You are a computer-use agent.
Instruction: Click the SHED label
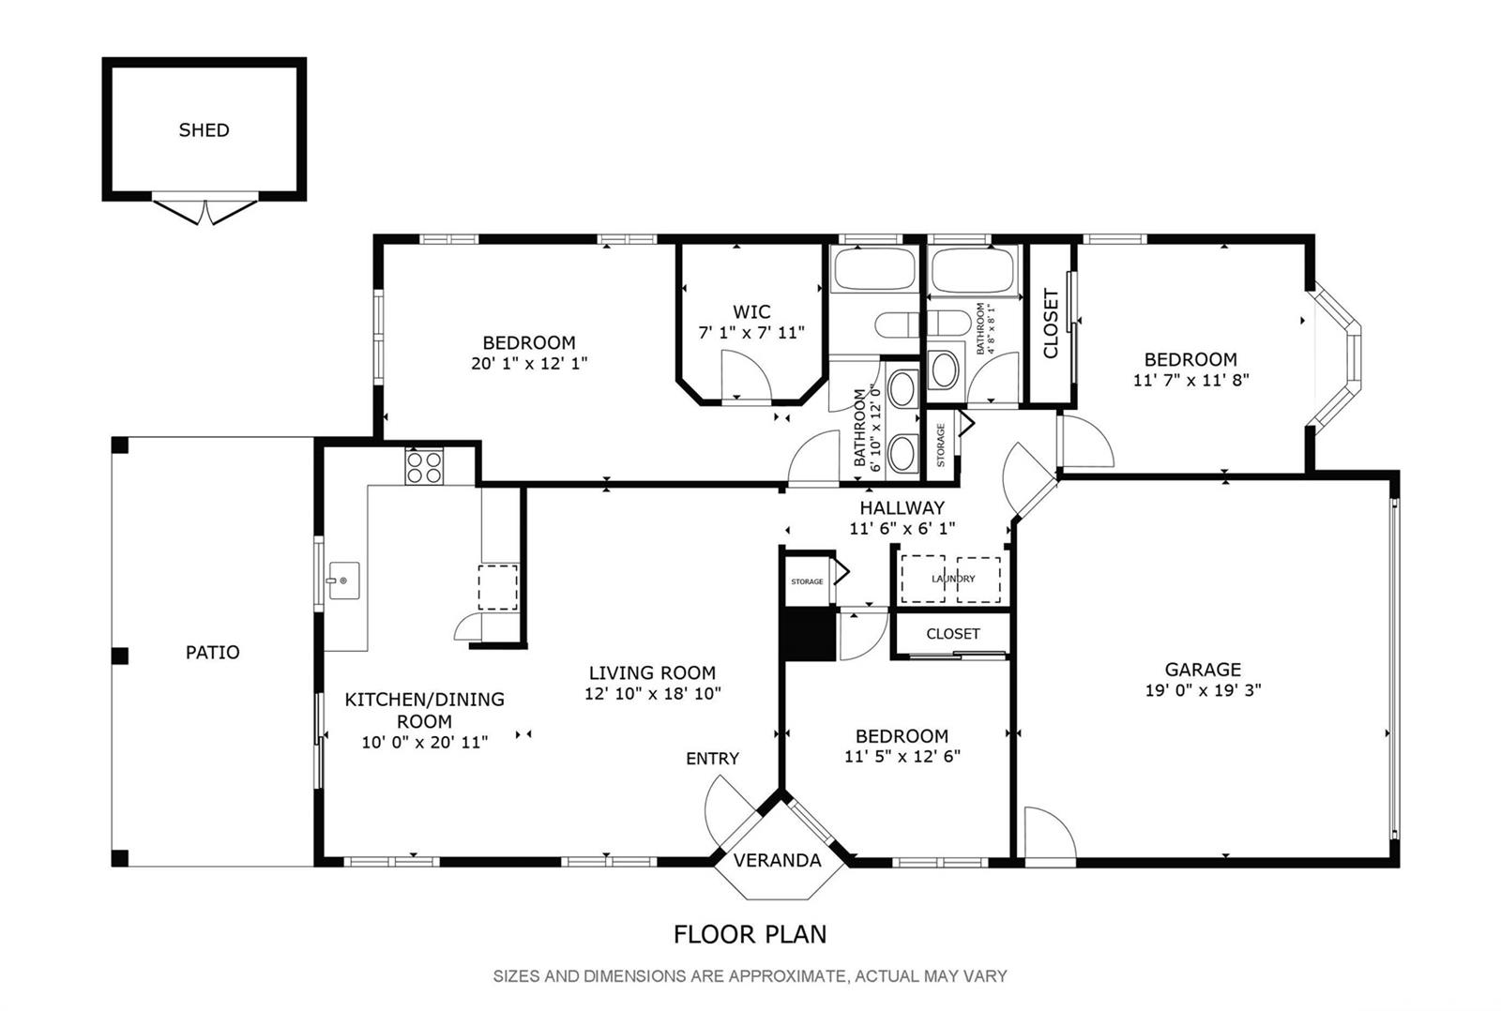coord(204,130)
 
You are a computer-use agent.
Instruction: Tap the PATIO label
coord(212,653)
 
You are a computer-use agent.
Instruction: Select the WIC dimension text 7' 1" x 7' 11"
coord(751,332)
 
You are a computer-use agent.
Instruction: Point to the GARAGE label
coord(1203,670)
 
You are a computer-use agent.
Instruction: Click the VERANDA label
coord(778,860)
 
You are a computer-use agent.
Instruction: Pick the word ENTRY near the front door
coord(712,759)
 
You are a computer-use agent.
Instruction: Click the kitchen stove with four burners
coord(424,466)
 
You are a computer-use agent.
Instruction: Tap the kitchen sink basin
coord(343,581)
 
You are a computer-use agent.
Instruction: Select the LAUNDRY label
coord(953,579)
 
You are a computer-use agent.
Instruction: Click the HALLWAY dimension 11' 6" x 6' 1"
coord(902,529)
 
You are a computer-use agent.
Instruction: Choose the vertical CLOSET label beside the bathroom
coord(1050,323)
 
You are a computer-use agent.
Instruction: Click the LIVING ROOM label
coord(652,672)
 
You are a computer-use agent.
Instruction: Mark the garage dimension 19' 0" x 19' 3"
coord(1203,690)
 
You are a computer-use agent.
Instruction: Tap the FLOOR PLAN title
coord(750,934)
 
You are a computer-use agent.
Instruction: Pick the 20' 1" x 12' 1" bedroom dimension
coord(529,363)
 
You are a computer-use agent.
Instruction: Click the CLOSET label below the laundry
coord(953,634)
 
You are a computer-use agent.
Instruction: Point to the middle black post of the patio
coord(119,656)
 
